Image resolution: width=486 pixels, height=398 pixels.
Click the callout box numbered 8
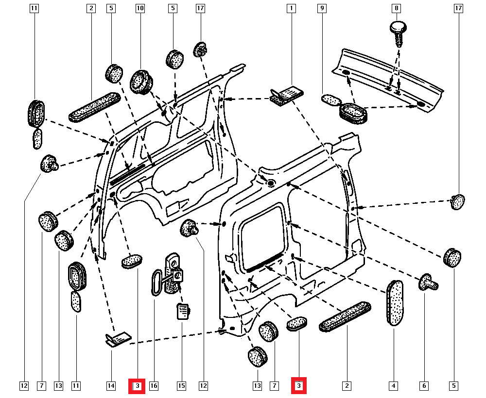point(397,8)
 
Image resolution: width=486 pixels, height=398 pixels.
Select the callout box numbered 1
point(291,8)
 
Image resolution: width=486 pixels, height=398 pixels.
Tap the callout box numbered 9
point(321,8)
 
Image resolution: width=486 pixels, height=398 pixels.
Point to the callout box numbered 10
point(140,8)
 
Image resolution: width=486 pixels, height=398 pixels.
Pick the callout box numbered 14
point(111,386)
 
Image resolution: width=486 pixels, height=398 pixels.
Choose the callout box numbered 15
point(181,386)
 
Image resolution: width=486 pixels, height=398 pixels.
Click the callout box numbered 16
point(154,386)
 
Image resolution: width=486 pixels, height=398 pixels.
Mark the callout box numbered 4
point(393,386)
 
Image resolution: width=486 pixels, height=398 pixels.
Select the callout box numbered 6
point(424,386)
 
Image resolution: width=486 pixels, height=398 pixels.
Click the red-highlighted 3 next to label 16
point(137,386)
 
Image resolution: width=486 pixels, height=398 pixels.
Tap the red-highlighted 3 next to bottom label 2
point(298,386)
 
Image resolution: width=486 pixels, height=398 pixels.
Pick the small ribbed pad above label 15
point(182,311)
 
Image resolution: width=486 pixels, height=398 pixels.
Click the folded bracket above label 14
point(118,339)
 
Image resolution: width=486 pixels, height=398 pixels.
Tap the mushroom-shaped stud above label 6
point(428,282)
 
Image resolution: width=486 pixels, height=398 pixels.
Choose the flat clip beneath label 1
point(286,95)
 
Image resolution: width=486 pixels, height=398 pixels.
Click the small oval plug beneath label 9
point(331,100)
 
